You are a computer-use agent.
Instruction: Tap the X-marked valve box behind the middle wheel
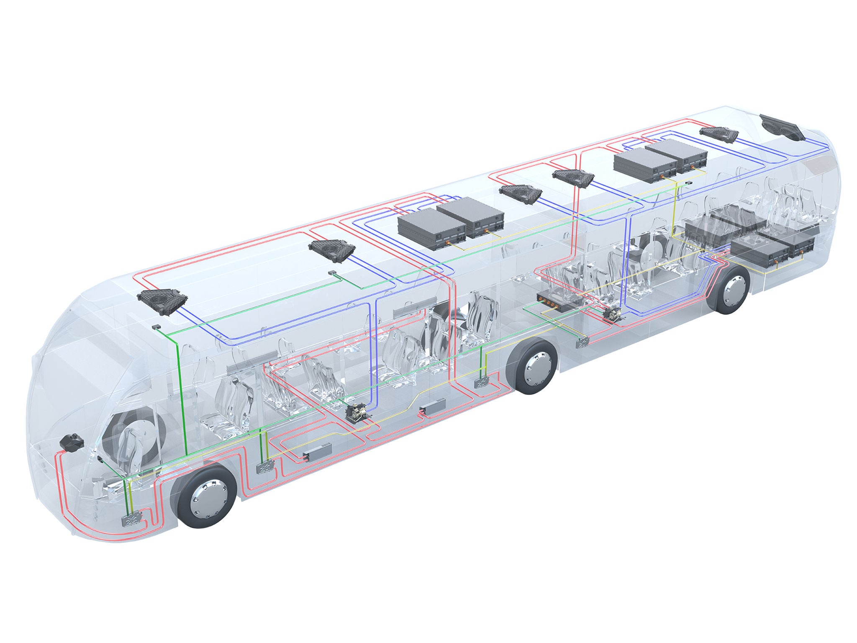pos(582,343)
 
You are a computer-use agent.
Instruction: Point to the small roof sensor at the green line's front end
pos(156,326)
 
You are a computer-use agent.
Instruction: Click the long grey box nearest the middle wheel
pos(433,406)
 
